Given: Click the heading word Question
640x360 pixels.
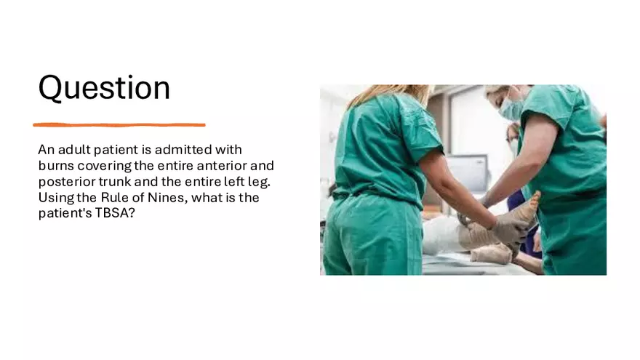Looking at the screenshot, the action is [x=104, y=88].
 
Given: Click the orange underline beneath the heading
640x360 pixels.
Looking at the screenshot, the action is [x=119, y=125].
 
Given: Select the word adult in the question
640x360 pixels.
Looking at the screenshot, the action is [x=74, y=150].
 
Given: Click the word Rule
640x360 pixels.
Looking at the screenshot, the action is [x=115, y=198].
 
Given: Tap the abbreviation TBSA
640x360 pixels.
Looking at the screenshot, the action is [x=115, y=214].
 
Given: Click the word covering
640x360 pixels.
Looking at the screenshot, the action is [x=105, y=166].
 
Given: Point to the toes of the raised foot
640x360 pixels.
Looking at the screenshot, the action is [x=535, y=199].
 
